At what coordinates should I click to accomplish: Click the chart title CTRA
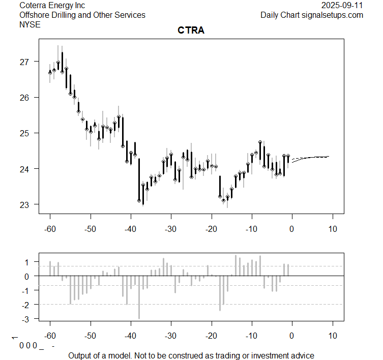191,31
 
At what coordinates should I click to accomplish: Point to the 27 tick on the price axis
24,62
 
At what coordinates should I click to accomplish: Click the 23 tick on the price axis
24,204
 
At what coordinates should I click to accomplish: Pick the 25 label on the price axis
24,133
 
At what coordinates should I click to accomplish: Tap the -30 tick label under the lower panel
170,337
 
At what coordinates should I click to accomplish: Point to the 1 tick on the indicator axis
25,262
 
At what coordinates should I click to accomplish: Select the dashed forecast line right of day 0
313,157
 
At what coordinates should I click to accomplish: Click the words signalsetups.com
333,15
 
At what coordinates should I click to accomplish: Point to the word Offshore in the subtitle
34,15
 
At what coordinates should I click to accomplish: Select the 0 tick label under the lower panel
292,337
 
